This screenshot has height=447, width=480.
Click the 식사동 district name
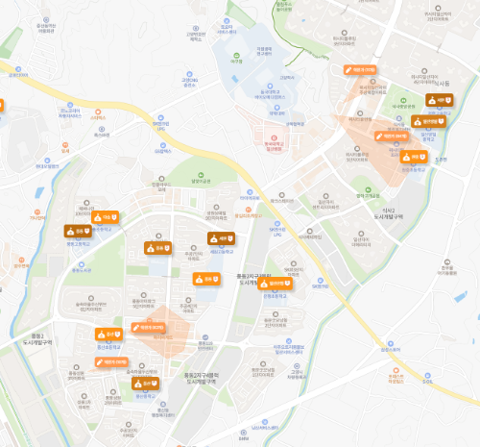point(441,84)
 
